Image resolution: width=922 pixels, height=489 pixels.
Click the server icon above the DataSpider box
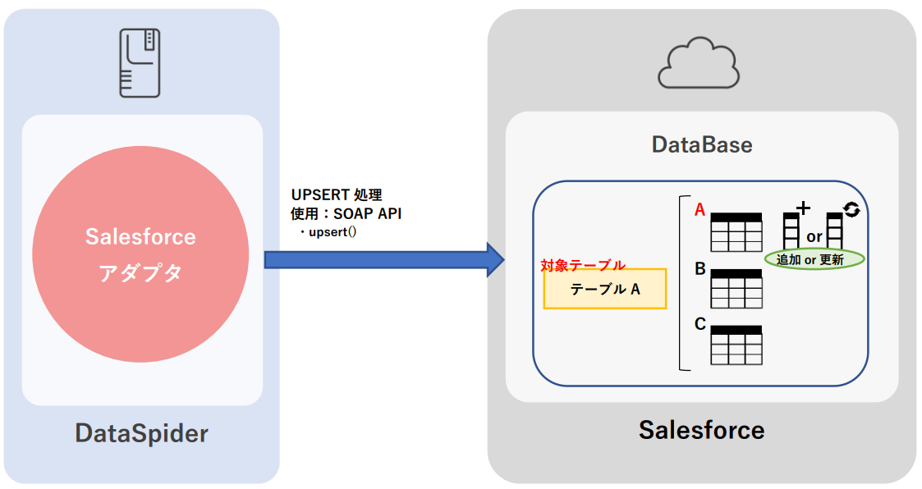pyautogui.click(x=140, y=62)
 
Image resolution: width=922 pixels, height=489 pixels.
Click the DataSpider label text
pyautogui.click(x=141, y=433)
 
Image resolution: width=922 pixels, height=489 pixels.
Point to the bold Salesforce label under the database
pyautogui.click(x=701, y=429)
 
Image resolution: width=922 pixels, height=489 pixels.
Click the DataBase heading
pyautogui.click(x=702, y=145)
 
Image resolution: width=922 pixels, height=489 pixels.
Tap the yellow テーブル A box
pyautogui.click(x=604, y=289)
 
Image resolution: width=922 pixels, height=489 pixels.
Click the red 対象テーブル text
pyautogui.click(x=583, y=265)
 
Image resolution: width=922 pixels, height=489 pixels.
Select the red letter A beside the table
pyautogui.click(x=700, y=210)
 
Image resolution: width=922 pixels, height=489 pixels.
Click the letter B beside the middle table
pyautogui.click(x=700, y=268)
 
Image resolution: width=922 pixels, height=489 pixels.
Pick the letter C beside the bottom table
pyautogui.click(x=700, y=324)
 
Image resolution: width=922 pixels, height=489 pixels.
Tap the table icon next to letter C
pyautogui.click(x=736, y=345)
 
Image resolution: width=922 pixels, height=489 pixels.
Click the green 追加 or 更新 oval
pyautogui.click(x=814, y=259)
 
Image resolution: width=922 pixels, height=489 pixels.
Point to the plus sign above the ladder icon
pyautogui.click(x=804, y=208)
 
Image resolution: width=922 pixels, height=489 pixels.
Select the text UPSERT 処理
pyautogui.click(x=337, y=195)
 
